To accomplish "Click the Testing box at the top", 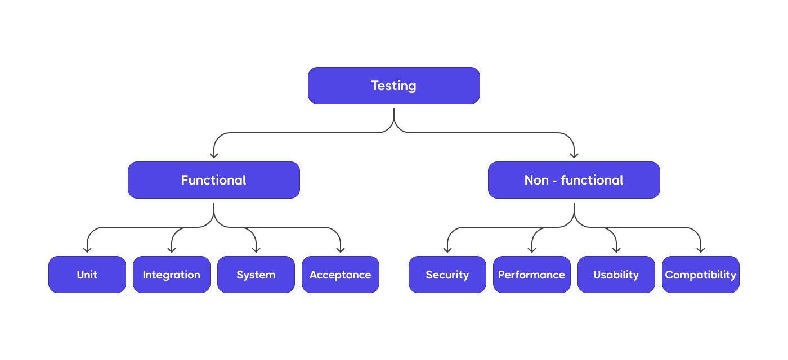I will point(394,85).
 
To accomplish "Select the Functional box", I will point(214,180).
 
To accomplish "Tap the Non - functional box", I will point(574,180).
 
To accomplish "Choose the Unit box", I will point(87,274).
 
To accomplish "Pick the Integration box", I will point(172,274).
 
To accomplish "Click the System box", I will point(256,274).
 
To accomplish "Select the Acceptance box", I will point(341,274).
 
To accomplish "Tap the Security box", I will point(447,274).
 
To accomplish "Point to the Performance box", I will point(532,274).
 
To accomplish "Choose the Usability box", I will point(616,274).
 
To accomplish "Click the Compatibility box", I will point(701,274).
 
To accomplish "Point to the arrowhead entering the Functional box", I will point(214,155).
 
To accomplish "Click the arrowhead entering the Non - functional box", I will point(574,155).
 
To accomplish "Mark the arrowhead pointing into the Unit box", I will point(87,249).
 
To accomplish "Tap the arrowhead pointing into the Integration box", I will point(172,249).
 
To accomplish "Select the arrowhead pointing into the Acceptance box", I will point(341,249).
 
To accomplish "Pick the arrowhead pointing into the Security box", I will point(447,249).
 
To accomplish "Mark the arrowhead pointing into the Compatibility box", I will point(701,249).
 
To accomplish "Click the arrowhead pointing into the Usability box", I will point(616,249).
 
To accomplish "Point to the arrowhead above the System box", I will point(256,249).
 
